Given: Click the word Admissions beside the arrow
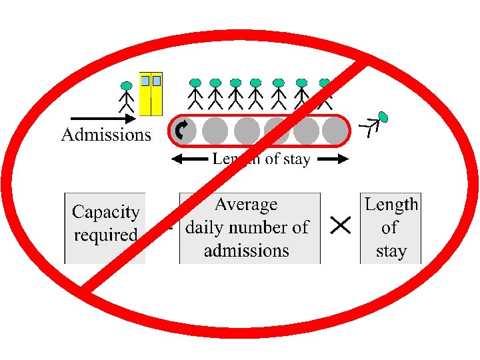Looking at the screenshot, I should coord(106,135).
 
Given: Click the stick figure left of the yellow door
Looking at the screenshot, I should coord(126,97).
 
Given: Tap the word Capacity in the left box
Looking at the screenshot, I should coord(105,213).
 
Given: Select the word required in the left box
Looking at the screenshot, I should coord(105,235).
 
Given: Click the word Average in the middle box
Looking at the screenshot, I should coord(246,204).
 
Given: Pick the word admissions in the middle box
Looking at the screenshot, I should coord(246,251).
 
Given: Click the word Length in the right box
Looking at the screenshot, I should coord(391,204).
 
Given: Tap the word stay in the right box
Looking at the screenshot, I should coord(391,251).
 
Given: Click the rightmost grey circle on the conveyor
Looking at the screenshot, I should coord(335,131).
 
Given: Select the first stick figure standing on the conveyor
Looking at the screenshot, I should coord(195,94).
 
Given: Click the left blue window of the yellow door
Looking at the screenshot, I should coord(145,81).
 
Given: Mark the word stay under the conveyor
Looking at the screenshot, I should coord(296,160).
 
